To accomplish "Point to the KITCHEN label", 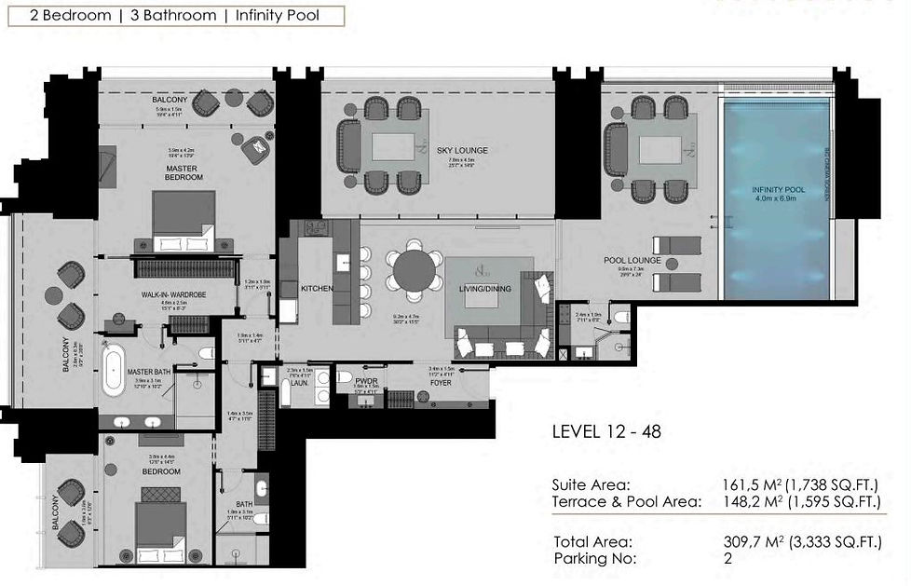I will (x=317, y=289).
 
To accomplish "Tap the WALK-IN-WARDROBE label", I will (x=172, y=295).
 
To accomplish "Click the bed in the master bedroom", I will (x=184, y=222).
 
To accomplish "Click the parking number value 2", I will (x=727, y=559).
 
